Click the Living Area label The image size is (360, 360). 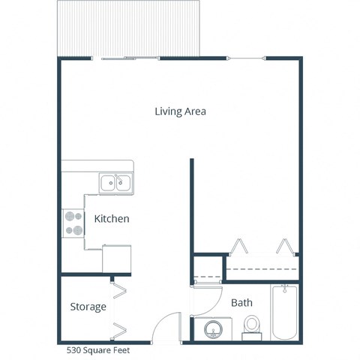(x=180, y=112)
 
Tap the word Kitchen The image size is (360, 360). (x=112, y=219)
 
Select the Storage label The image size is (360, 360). (x=88, y=307)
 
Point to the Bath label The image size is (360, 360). (x=241, y=303)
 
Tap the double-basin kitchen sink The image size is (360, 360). (x=115, y=182)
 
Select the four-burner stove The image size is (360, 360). (x=73, y=222)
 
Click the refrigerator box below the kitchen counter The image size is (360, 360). (x=117, y=257)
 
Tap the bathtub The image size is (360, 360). (x=286, y=313)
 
